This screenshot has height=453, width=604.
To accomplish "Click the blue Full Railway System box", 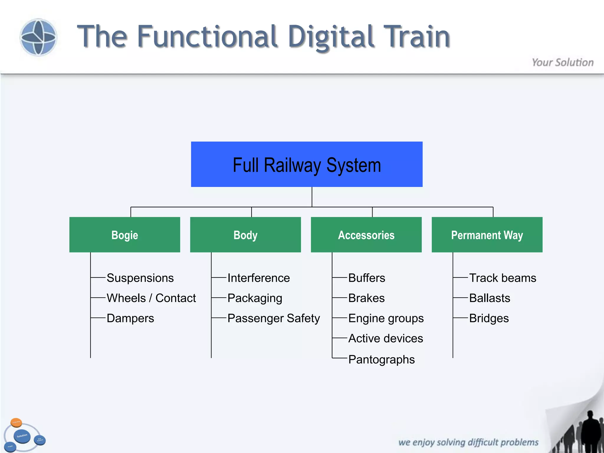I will pos(307,164).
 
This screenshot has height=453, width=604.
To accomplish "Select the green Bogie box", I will pos(124,235).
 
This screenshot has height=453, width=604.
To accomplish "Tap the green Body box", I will pos(245,235).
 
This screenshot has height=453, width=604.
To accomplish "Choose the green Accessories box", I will pos(366,235).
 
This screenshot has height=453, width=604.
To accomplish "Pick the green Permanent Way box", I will pos(487,235).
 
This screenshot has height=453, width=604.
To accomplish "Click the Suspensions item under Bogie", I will pos(140,278).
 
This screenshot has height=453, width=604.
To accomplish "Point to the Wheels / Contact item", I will pos(151,298).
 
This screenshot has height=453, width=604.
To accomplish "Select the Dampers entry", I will pos(130,318).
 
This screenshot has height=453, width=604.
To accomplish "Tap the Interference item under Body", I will pos(259,278).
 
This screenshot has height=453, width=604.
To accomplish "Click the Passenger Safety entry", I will pos(273,318).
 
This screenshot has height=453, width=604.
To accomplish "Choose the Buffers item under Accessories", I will pos(367,278).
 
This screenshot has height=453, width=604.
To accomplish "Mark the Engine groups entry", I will pos(386,318).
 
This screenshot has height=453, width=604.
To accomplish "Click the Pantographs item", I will pos(381,360).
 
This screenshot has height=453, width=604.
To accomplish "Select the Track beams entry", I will pos(503,278).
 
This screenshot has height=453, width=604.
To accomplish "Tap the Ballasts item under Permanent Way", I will pos(490,298).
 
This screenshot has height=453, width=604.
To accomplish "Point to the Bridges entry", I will pos(489,318).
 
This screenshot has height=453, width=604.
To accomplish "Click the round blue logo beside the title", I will pos(38,37).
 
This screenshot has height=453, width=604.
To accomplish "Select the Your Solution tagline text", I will pos(562,63).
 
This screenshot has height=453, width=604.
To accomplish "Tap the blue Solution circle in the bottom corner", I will pos(22,436).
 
